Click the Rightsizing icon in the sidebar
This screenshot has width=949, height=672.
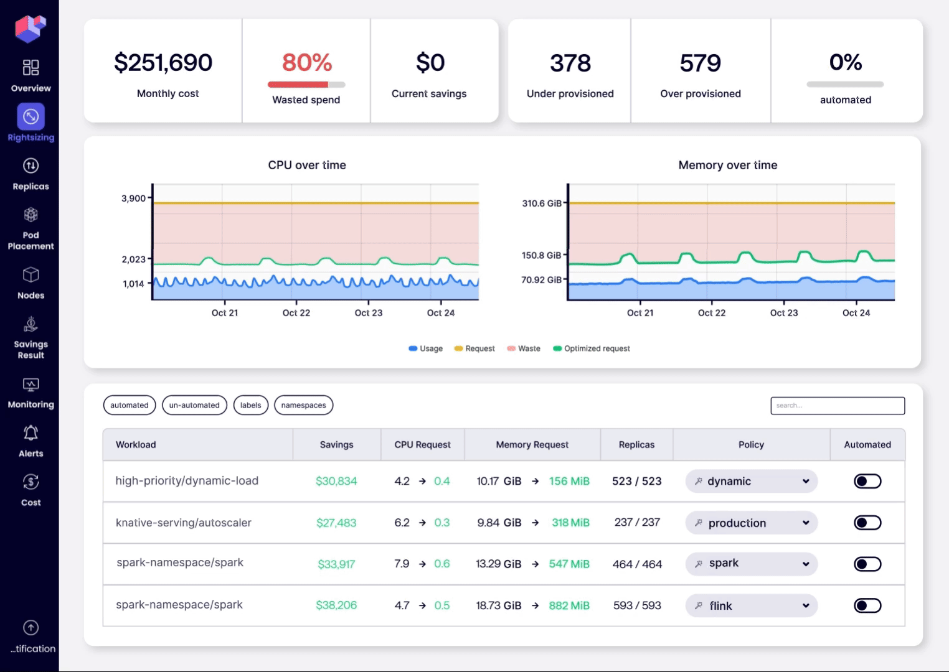click(x=31, y=116)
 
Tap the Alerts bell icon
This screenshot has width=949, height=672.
click(x=31, y=433)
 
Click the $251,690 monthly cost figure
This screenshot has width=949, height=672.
click(x=163, y=63)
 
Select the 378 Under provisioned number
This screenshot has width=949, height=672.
click(x=570, y=63)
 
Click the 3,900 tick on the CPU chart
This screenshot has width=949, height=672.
click(x=133, y=198)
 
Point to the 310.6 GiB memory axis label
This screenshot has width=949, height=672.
click(x=541, y=203)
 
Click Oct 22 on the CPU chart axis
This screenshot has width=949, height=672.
click(x=296, y=313)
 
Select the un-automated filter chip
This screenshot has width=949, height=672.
click(x=194, y=405)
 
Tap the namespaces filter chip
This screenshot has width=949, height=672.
click(x=303, y=405)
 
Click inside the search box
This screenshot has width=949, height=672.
click(x=837, y=406)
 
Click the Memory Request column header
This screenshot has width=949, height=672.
click(x=532, y=445)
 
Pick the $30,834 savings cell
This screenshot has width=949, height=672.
click(x=336, y=481)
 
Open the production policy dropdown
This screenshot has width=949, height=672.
click(x=751, y=523)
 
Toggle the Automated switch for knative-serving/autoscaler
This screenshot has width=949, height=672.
click(x=867, y=523)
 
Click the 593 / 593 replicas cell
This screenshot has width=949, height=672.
click(x=636, y=605)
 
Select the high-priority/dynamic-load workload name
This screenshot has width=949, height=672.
click(x=187, y=481)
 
